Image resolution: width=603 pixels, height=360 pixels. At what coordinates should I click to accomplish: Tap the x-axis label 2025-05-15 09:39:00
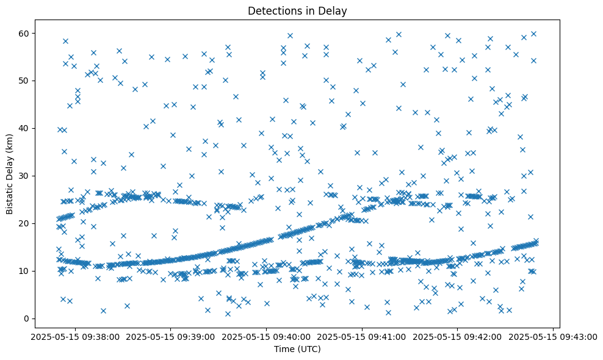coord(169,336)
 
